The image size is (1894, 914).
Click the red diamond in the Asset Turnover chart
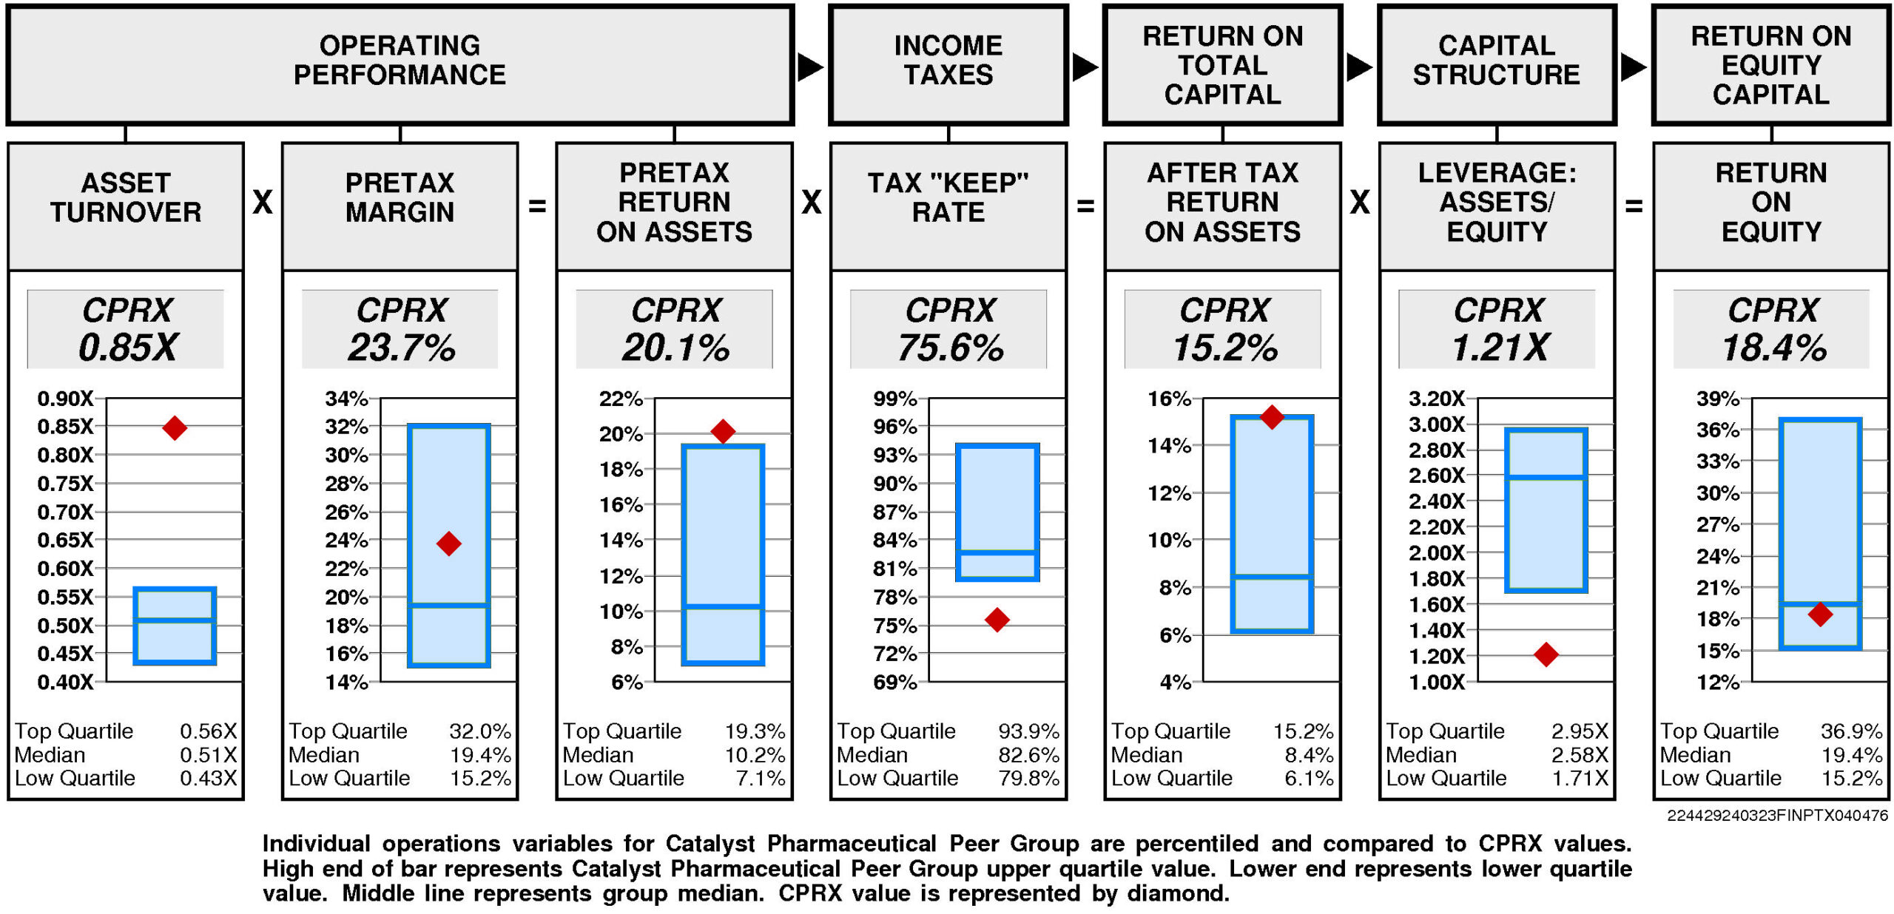click(x=175, y=427)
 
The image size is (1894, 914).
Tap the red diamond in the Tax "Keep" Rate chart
click(x=997, y=619)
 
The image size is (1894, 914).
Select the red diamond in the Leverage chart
click(x=1546, y=654)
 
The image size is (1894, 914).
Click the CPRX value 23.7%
click(x=402, y=348)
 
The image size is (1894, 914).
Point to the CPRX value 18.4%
click(x=1774, y=348)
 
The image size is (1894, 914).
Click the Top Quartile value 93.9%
click(x=1028, y=731)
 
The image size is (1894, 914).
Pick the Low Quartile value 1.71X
click(x=1580, y=778)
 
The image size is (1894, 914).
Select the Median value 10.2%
click(x=755, y=755)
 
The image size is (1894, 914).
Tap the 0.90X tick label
click(x=66, y=399)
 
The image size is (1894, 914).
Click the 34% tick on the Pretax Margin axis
click(x=346, y=399)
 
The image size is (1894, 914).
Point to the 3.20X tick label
click(x=1436, y=399)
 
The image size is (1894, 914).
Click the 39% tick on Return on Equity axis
click(x=1717, y=399)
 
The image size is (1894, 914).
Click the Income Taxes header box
click(x=948, y=64)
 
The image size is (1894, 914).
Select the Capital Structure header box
click(x=1497, y=64)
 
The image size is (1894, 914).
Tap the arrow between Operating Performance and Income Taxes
click(x=810, y=67)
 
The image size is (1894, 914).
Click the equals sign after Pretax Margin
click(x=537, y=206)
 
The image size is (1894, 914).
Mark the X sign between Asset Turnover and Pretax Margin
click(x=263, y=202)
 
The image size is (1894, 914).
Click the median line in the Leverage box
click(x=1546, y=478)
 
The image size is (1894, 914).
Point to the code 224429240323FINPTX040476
click(x=1777, y=815)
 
